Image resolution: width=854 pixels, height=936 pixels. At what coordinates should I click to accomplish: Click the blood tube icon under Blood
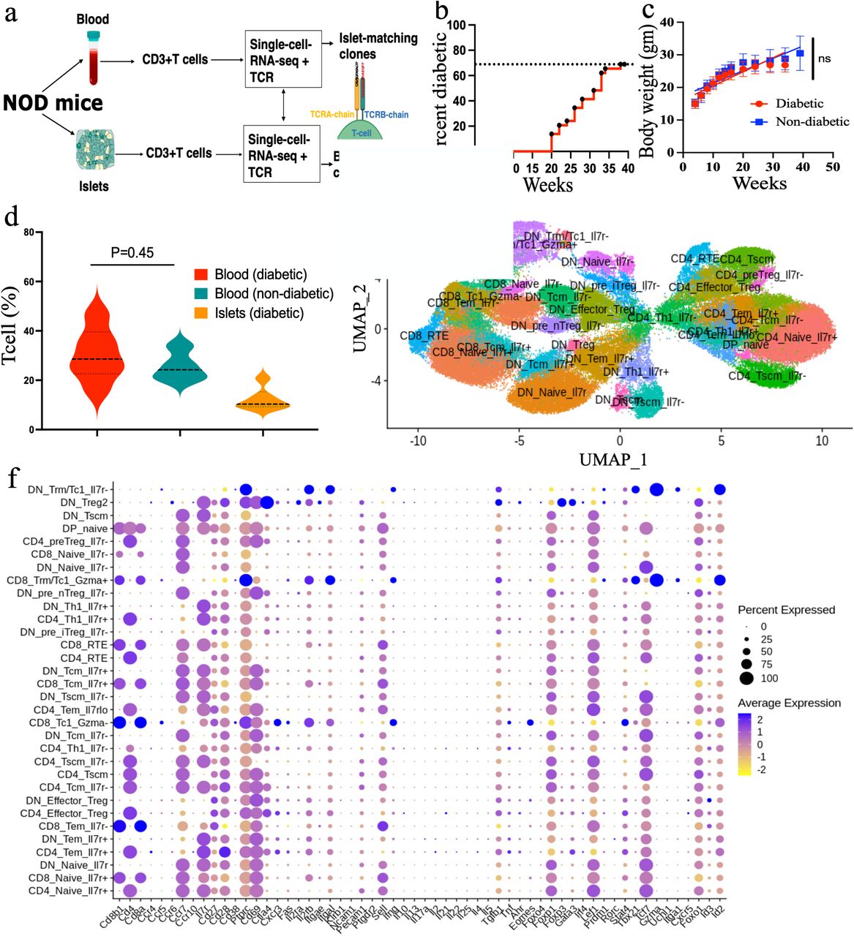click(92, 58)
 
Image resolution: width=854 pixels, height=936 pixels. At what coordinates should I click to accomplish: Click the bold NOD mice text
click(53, 102)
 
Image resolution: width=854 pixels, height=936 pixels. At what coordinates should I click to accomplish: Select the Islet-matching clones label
click(378, 45)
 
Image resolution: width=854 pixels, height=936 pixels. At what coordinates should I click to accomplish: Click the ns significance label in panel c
click(825, 58)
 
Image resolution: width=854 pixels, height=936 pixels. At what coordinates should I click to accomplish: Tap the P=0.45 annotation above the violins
click(132, 252)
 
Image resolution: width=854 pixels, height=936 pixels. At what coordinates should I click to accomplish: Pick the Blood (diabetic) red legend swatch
click(201, 275)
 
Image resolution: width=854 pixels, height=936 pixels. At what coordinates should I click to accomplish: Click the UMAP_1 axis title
click(613, 459)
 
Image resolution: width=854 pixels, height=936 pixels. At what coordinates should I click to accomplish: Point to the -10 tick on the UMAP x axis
click(417, 442)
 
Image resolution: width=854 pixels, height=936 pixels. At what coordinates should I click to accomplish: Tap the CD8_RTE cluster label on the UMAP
click(424, 336)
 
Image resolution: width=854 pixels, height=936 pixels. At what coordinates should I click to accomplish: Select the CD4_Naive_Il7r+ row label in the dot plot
click(67, 891)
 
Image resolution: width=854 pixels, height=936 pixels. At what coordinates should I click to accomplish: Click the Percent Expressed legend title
click(785, 610)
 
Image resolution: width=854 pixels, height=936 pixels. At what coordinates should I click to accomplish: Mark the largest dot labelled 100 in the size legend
click(746, 679)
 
